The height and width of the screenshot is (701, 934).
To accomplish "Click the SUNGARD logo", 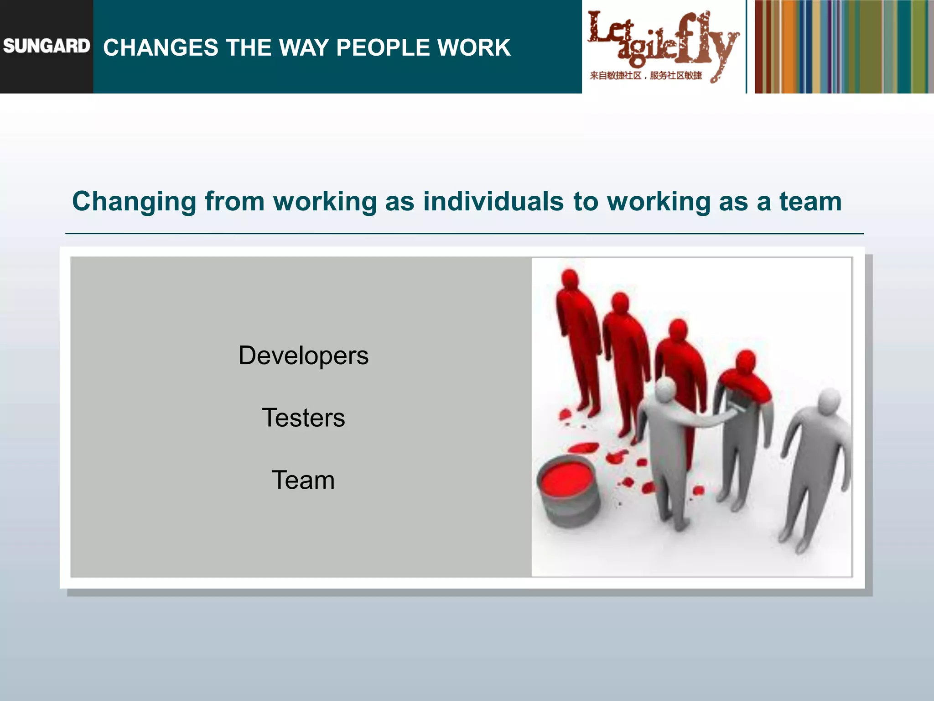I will pos(47,46).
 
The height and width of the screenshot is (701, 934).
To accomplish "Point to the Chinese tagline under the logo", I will pos(646,76).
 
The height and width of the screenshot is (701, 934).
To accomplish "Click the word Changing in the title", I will pos(134,202).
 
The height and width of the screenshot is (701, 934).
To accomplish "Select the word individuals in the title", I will pos(493,202).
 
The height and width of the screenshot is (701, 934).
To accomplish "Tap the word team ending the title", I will pos(810,202).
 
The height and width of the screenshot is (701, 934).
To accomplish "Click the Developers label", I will pos(303,356).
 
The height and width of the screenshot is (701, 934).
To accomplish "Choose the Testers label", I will pos(303,418).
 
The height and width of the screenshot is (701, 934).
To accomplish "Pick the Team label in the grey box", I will pos(303,480).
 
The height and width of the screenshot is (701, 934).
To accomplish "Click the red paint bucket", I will pos(568,491).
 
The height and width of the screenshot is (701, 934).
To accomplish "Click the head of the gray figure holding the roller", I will pos(665,389).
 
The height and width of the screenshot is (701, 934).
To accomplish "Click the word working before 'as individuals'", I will pos(325,202).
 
